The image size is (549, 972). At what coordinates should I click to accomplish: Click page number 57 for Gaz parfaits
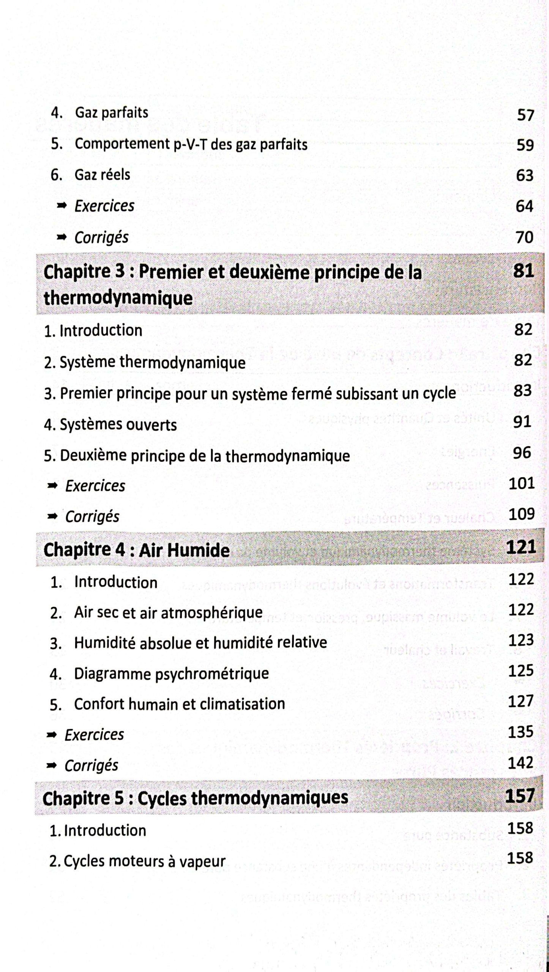(525, 115)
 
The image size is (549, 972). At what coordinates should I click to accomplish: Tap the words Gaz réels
(102, 175)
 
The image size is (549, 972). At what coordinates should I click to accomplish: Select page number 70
(524, 237)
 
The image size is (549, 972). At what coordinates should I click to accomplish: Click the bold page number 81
(524, 271)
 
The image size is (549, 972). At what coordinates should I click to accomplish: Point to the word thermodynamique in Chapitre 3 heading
(118, 298)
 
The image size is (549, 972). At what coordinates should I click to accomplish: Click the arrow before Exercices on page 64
(61, 206)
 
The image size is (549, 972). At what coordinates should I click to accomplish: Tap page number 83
(522, 390)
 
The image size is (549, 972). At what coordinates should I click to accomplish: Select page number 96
(522, 453)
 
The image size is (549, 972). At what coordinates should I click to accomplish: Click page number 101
(522, 483)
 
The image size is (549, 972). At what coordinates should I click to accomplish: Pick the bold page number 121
(521, 547)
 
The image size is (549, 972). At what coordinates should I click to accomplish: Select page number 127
(521, 701)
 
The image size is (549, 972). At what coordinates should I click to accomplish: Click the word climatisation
(242, 704)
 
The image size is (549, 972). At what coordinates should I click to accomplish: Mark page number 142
(521, 762)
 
